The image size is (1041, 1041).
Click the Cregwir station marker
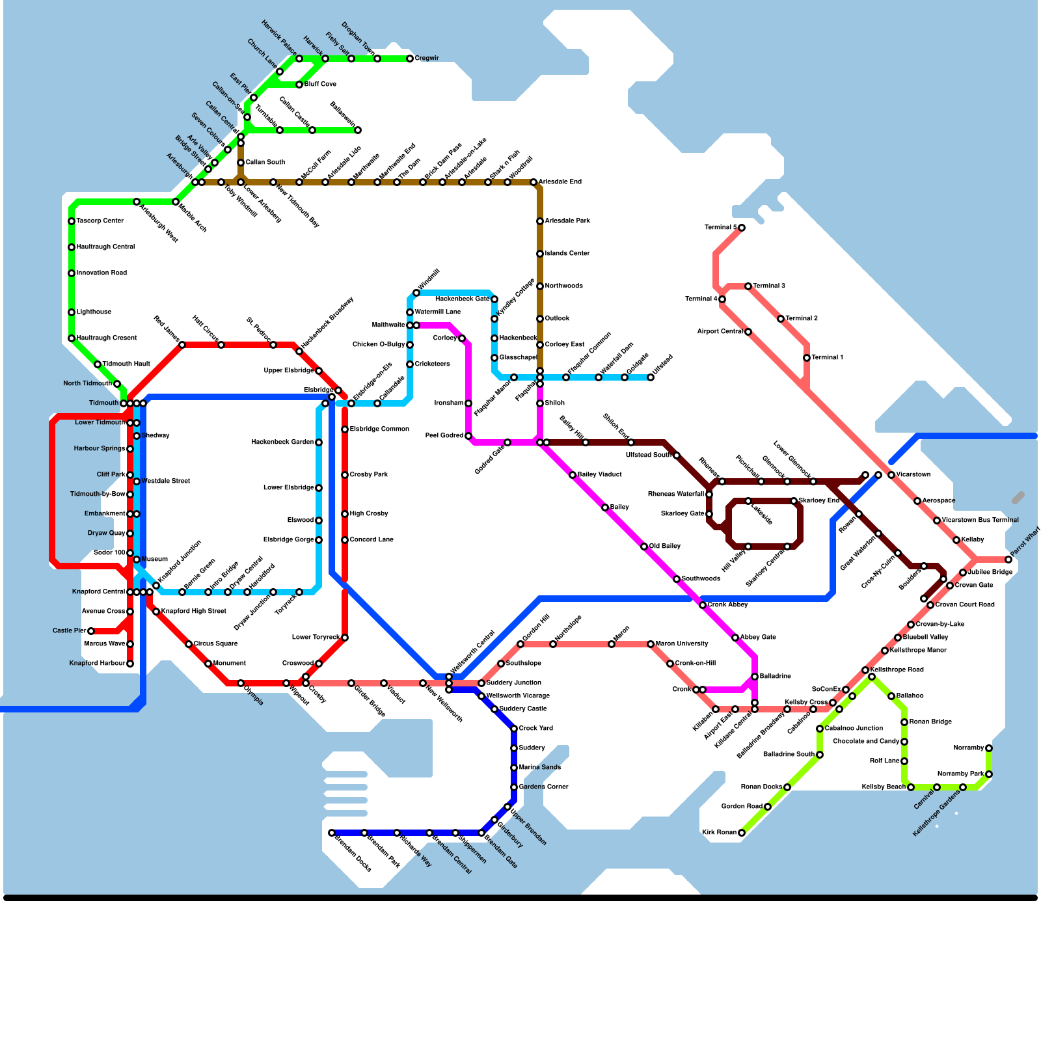tap(410, 59)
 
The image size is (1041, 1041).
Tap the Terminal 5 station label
tap(721, 228)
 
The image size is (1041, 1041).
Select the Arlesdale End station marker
tap(534, 182)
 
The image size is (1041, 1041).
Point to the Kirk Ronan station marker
tap(742, 833)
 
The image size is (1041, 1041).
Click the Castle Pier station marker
tap(91, 631)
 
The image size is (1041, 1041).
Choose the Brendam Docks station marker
tap(332, 833)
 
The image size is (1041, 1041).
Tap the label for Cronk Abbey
tap(728, 605)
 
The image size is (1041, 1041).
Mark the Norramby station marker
tap(989, 748)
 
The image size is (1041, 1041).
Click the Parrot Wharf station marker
tap(1008, 560)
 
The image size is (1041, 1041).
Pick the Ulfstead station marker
tap(651, 377)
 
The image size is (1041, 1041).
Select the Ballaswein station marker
tap(358, 130)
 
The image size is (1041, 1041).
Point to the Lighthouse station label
tap(94, 312)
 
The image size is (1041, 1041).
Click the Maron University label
tap(682, 644)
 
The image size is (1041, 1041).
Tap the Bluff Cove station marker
tap(299, 85)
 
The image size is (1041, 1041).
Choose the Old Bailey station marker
tap(644, 547)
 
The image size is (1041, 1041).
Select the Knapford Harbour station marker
tap(130, 664)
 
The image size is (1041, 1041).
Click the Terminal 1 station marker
tap(807, 358)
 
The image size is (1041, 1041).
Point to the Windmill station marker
tap(416, 293)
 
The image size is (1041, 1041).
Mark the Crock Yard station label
tap(536, 729)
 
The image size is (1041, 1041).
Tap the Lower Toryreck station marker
tap(345, 638)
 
